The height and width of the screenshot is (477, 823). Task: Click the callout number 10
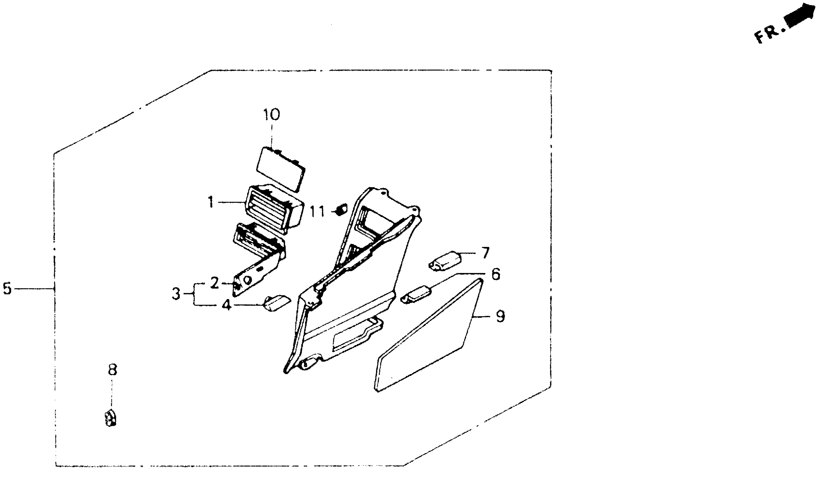click(272, 114)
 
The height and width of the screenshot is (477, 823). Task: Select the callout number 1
click(211, 202)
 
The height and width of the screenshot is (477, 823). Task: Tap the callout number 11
click(317, 212)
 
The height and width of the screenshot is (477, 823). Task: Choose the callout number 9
click(500, 317)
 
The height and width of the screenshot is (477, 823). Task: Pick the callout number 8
click(112, 370)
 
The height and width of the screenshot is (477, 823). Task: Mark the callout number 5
click(7, 288)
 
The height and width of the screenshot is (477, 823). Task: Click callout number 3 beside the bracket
click(176, 294)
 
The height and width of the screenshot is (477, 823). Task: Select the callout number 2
click(214, 283)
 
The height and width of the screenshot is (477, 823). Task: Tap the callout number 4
click(227, 305)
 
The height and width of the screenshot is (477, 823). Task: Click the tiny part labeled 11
click(341, 209)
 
